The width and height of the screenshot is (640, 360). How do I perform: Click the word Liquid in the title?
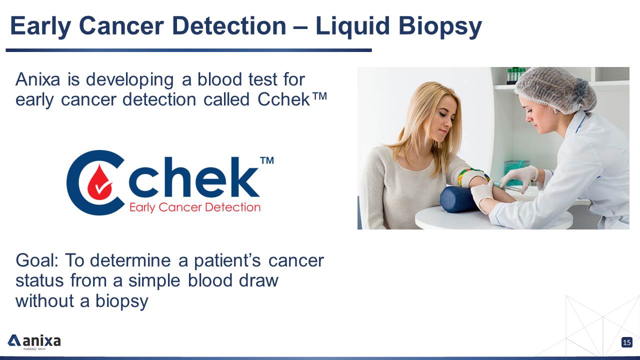352,27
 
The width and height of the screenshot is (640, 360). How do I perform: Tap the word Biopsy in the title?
440,27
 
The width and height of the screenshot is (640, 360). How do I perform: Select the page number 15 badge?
627,342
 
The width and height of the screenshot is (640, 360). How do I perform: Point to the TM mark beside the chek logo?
267,160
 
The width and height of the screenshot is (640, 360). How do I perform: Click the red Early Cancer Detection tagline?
195,207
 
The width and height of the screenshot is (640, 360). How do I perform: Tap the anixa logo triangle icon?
13,340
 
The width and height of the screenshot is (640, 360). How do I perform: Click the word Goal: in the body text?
37,260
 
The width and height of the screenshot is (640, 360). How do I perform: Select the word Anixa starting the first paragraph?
37,79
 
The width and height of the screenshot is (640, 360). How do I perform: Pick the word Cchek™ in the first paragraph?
292,99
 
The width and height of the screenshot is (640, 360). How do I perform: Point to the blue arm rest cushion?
458,199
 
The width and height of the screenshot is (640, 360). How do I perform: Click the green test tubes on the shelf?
515,75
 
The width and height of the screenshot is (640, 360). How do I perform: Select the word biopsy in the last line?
121,301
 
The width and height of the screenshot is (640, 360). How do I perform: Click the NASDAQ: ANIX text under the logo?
34,349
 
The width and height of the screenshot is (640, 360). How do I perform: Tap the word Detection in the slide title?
229,26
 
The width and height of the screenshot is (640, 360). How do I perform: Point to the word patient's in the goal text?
227,260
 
